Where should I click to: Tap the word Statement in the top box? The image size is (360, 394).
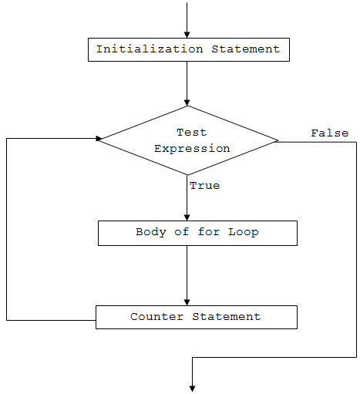coord(247,49)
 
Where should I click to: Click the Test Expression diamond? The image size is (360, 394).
coord(188,140)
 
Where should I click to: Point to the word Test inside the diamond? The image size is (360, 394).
coord(192,133)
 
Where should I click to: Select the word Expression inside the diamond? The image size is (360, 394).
coord(192,148)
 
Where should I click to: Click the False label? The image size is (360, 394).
coord(329,133)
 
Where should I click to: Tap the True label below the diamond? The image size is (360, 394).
coord(204,186)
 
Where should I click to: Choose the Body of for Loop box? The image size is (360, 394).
coord(197,233)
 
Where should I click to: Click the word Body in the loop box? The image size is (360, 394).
coord(150,232)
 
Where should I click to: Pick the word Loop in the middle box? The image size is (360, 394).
coord(243,232)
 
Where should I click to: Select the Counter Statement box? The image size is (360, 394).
coord(196,317)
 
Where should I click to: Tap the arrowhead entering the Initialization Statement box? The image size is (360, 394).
coord(187,34)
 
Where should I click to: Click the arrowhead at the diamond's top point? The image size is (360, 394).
coord(187,102)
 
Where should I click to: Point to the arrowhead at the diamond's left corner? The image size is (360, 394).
coord(99,139)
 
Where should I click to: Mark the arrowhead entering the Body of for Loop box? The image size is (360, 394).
coord(187,217)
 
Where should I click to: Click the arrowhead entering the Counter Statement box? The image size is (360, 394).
coord(187,301)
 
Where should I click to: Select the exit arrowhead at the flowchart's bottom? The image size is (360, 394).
coord(191,388)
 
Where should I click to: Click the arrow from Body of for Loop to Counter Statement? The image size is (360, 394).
coord(187,274)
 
